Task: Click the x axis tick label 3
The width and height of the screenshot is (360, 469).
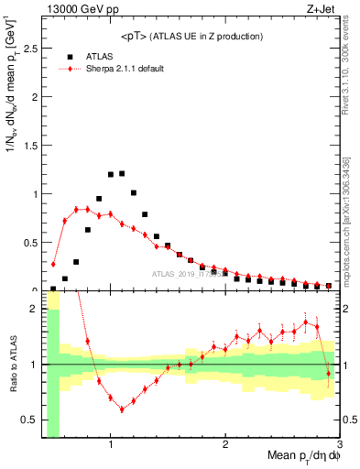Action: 338,444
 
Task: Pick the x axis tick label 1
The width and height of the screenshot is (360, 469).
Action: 111,444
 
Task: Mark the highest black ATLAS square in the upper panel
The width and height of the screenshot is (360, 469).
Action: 122,173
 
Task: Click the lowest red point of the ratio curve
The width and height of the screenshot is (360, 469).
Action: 122,409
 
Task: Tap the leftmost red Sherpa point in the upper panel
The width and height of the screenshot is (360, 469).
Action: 53,265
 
